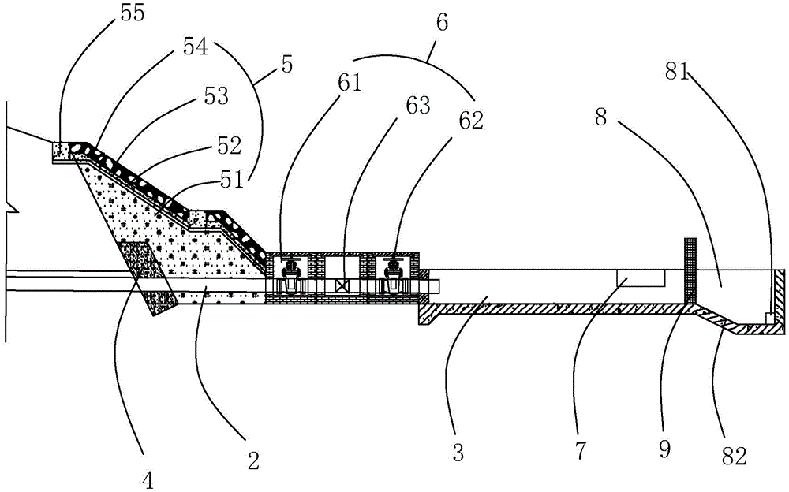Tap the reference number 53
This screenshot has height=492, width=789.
215,97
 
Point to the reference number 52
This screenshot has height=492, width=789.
228,145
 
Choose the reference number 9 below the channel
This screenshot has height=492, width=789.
664,449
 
